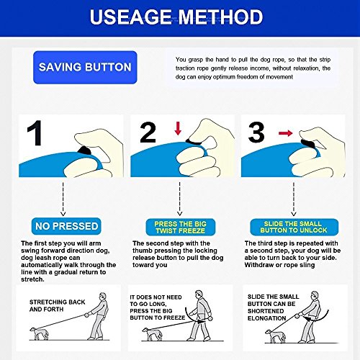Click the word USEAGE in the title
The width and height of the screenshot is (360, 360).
coord(131,17)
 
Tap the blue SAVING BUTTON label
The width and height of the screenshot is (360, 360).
coord(85,67)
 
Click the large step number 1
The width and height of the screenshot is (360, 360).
coord(35,133)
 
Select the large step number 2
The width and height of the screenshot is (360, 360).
coord(148,132)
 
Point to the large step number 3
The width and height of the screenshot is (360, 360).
coord(256,132)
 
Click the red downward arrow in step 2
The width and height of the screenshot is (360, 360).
coord(178,128)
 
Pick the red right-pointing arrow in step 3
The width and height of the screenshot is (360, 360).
coord(286,133)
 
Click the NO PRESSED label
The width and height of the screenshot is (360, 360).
coord(66,226)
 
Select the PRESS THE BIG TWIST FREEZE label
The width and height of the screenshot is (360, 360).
coord(181,227)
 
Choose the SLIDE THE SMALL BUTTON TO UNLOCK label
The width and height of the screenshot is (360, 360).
coord(294,227)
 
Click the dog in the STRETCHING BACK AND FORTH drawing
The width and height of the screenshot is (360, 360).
coord(40,333)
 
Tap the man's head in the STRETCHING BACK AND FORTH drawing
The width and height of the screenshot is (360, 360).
coord(103,296)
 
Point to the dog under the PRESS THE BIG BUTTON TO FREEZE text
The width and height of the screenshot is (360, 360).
coord(150,334)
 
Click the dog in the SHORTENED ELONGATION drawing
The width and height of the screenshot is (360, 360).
coord(276,336)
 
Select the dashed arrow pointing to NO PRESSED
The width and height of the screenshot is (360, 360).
coord(63,199)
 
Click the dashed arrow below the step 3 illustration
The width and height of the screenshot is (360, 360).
coord(294,199)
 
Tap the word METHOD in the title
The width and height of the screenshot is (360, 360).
coord(221,17)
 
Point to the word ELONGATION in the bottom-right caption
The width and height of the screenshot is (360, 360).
coord(266,318)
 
